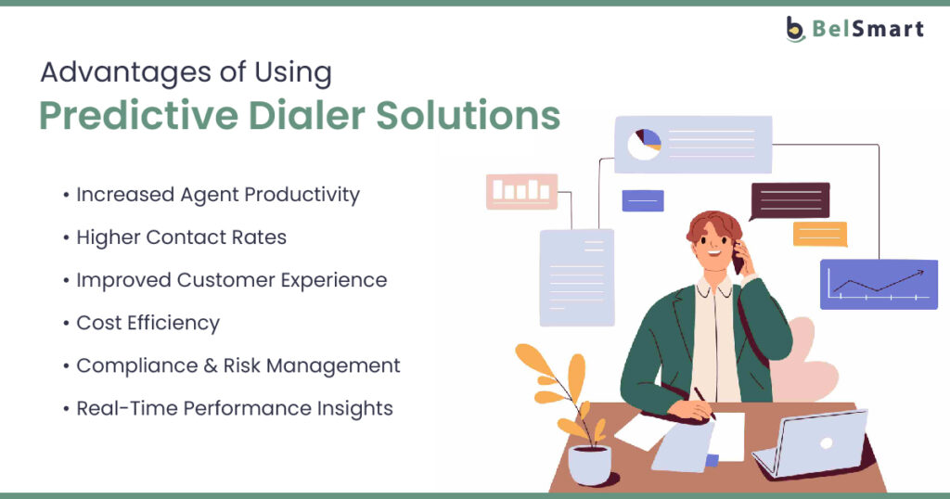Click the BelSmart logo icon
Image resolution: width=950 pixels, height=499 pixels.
point(795,29)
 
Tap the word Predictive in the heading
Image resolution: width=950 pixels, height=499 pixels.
point(139,115)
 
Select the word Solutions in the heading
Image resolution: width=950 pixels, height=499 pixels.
point(469,115)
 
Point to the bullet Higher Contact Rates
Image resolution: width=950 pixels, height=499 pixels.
point(181,237)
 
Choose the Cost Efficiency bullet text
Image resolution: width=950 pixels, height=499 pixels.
point(148,324)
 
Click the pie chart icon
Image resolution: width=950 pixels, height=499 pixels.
point(644,144)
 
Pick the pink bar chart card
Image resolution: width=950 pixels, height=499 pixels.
point(521,191)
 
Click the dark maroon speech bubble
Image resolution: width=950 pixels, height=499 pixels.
point(790,200)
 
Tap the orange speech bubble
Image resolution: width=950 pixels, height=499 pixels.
point(820,234)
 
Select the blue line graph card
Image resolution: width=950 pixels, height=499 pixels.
point(879,285)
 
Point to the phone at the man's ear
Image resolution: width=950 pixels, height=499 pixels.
point(738,259)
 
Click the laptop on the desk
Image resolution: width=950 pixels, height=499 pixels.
point(813,443)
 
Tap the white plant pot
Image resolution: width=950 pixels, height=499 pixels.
point(589,465)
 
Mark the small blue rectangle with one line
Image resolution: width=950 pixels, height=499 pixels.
point(643,201)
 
